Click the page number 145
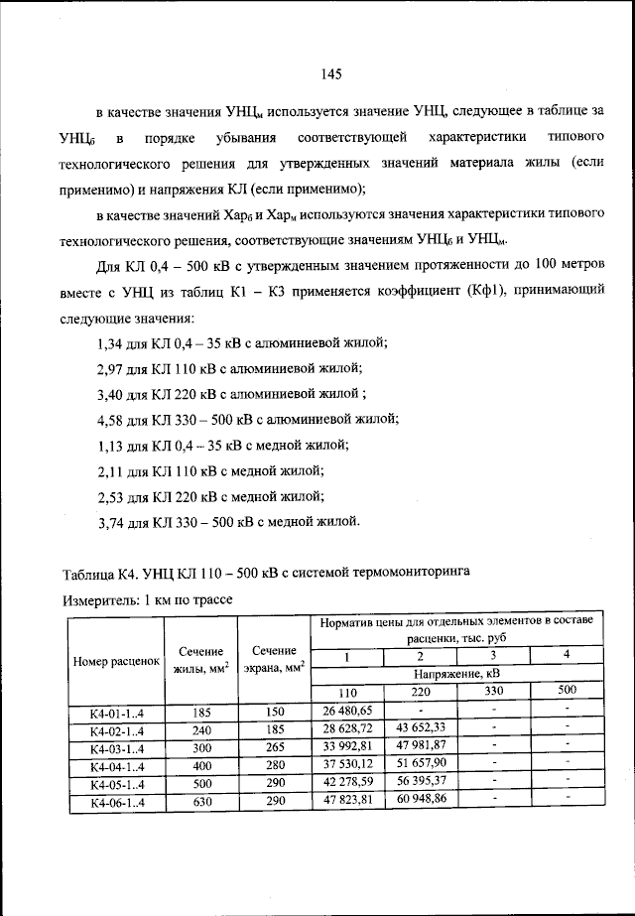click(x=331, y=74)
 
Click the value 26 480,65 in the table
click(x=346, y=711)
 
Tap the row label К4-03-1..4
click(x=116, y=747)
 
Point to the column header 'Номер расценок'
click(x=116, y=661)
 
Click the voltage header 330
click(x=493, y=692)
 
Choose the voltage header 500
click(x=566, y=691)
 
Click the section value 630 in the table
click(x=201, y=801)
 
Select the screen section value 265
click(x=275, y=747)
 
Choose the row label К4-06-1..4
click(x=116, y=801)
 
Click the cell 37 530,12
click(x=346, y=764)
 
